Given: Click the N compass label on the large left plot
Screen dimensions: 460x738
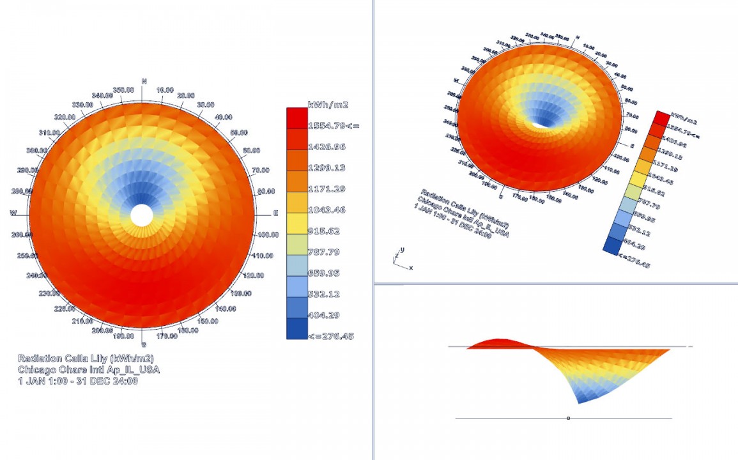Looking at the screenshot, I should click(144, 81).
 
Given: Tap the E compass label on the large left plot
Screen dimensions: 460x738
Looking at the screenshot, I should click(275, 213).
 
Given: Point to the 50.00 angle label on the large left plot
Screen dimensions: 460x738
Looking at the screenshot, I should click(238, 132).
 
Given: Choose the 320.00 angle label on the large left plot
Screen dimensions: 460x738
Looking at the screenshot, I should click(64, 117).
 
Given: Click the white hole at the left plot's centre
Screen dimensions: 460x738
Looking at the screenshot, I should click(142, 215).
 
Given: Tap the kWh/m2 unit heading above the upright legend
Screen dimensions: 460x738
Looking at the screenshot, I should click(328, 104).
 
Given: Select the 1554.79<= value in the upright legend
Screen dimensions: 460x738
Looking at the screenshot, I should click(333, 125).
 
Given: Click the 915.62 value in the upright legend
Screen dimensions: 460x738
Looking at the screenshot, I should click(324, 231).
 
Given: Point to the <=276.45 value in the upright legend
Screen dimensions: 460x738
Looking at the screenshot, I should click(330, 336).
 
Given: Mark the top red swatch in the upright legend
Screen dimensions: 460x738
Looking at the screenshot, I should click(296, 118).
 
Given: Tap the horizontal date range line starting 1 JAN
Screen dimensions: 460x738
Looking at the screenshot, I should click(78, 381).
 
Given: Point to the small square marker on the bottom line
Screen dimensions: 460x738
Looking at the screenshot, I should click(568, 418).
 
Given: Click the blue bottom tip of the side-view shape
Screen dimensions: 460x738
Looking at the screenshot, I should click(580, 401).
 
